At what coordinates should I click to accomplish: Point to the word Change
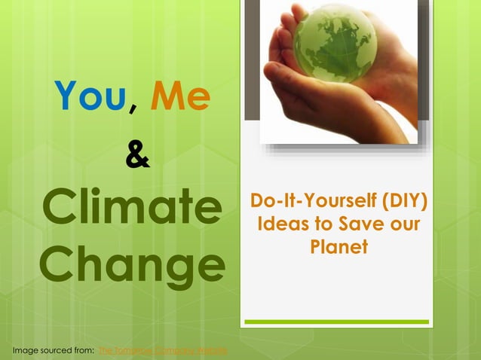pyautogui.click(x=132, y=264)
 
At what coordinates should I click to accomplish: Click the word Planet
pyautogui.click(x=339, y=246)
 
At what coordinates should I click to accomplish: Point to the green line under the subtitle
pyautogui.click(x=337, y=322)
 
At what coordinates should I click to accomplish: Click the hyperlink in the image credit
pyautogui.click(x=163, y=351)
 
